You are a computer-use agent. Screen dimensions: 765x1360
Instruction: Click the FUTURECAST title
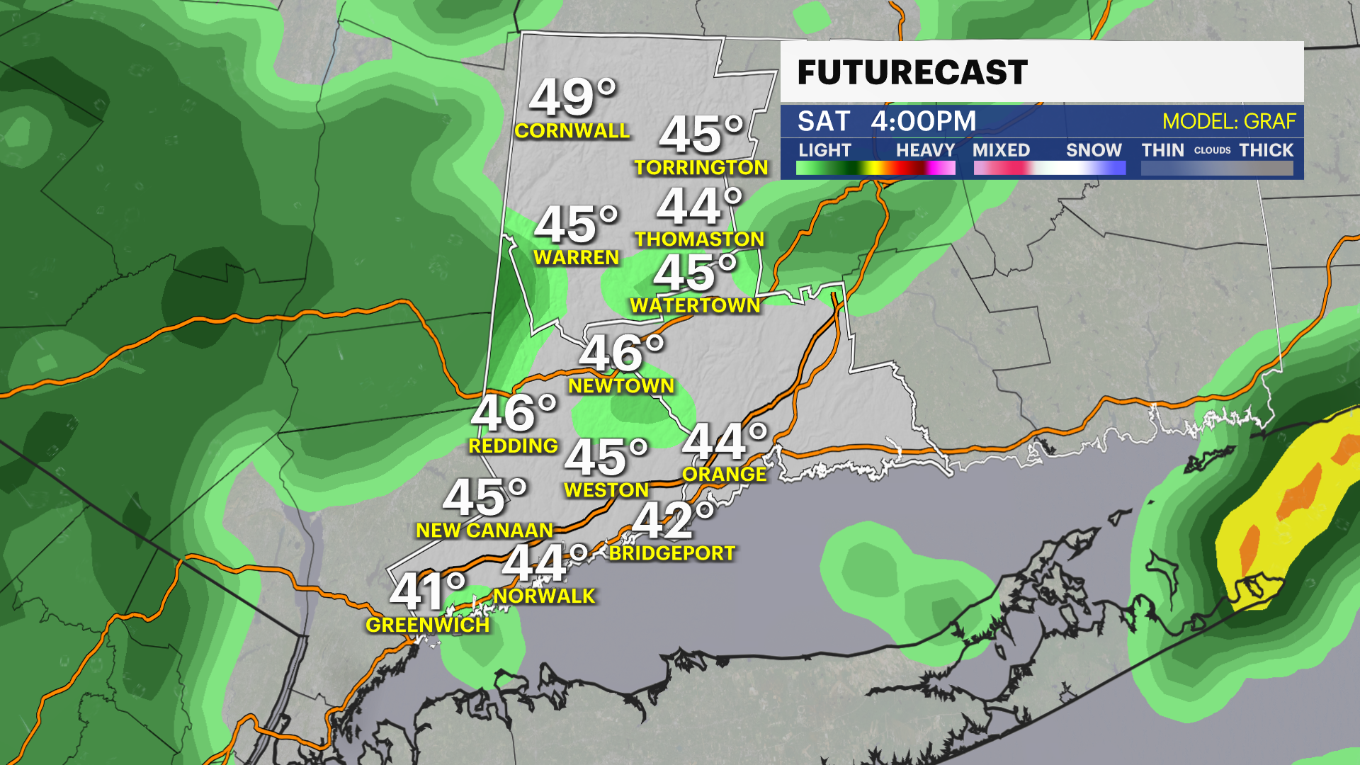(912, 72)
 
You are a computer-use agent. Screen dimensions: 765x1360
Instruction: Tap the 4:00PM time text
(923, 121)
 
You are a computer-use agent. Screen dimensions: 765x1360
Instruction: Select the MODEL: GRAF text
(1229, 122)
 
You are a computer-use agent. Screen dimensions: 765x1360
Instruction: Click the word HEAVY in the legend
(925, 150)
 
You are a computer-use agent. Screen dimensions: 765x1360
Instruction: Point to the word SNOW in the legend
(1094, 150)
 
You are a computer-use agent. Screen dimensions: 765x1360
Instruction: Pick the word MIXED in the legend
(1001, 150)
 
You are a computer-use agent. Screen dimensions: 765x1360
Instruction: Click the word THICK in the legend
(1266, 150)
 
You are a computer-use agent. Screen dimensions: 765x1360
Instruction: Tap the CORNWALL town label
(572, 131)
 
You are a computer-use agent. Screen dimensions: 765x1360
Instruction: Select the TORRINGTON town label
(701, 168)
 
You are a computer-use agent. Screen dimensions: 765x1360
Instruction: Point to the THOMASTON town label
(699, 239)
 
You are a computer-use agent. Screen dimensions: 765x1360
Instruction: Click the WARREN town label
(577, 258)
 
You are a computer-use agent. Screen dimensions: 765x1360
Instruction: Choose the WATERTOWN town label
(695, 306)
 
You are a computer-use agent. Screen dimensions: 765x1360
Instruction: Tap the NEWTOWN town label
(621, 386)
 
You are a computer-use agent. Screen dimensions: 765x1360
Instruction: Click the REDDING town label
(514, 446)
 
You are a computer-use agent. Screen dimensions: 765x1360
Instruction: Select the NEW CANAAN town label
(484, 531)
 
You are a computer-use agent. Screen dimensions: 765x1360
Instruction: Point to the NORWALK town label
(544, 596)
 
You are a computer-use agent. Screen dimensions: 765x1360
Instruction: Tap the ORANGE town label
(724, 475)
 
